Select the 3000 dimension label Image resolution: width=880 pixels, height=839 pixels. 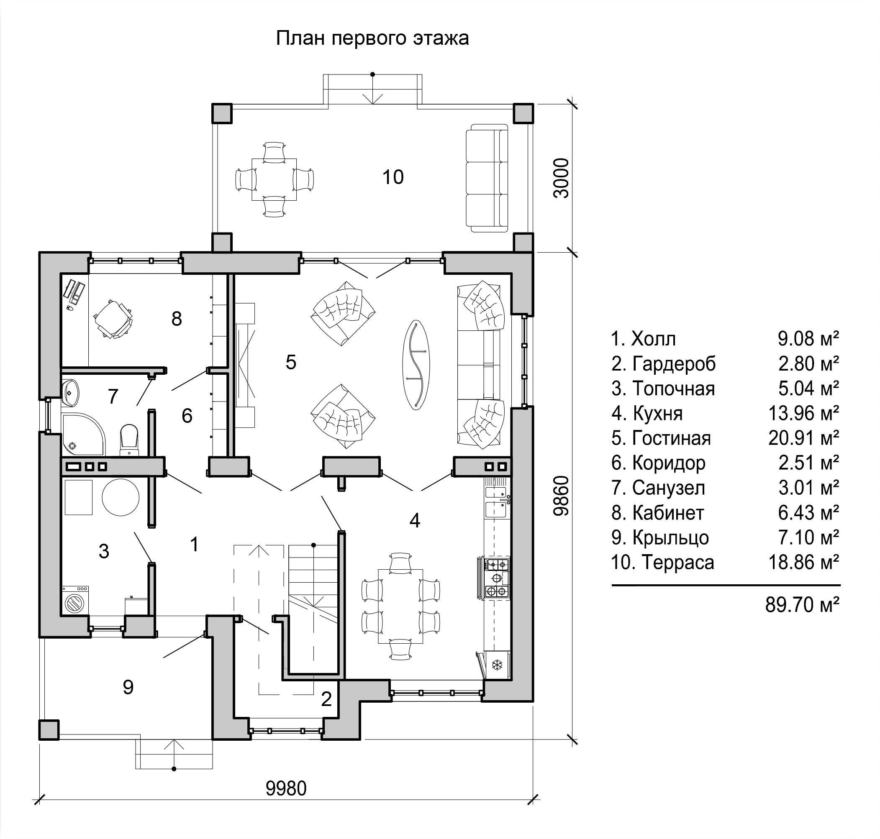(x=561, y=178)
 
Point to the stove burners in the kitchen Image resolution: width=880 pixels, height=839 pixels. (x=497, y=577)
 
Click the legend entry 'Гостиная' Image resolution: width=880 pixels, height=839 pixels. (x=661, y=438)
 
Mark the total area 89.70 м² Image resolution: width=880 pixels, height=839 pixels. (x=802, y=605)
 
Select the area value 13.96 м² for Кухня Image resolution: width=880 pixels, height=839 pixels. (x=803, y=413)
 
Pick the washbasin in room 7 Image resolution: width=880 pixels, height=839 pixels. (x=70, y=392)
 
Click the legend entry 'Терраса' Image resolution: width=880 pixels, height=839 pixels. (x=662, y=562)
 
